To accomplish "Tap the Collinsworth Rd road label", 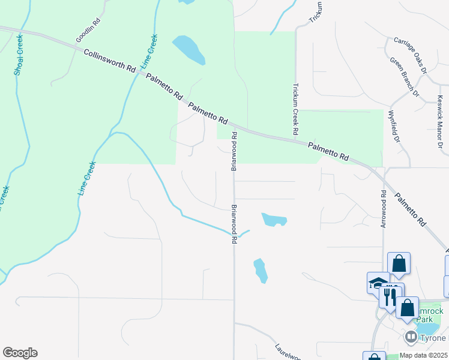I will click(110, 61).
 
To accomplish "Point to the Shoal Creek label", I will click(19, 54).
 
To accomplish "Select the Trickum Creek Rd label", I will click(296, 109).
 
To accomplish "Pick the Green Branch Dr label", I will click(403, 77).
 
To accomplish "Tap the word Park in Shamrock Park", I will click(425, 319).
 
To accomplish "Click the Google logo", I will click(20, 353).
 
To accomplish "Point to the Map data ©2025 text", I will click(423, 355).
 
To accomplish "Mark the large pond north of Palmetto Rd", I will click(188, 50).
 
